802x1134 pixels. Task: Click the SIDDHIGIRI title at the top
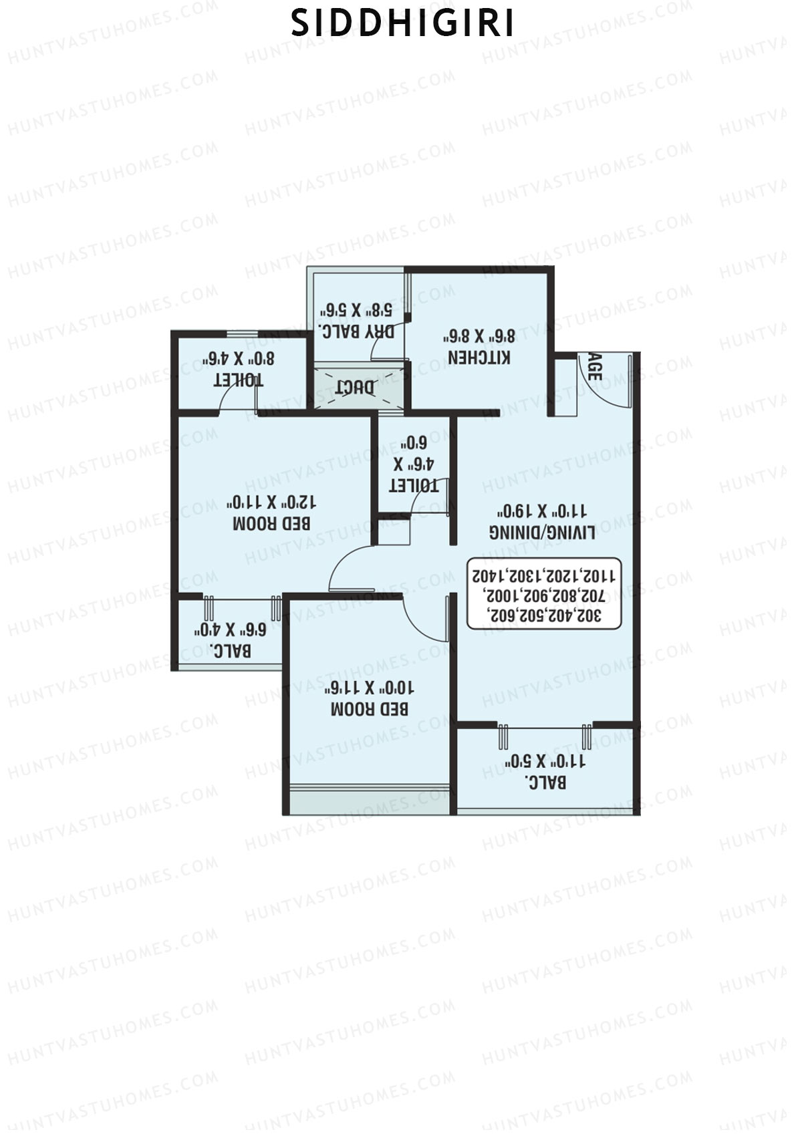pyautogui.click(x=402, y=23)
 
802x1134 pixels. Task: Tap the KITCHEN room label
pyautogui.click(x=479, y=357)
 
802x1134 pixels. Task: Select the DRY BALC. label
pyautogui.click(x=356, y=331)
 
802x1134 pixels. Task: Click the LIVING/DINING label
pyautogui.click(x=542, y=532)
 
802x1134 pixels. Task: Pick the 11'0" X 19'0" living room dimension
pyautogui.click(x=542, y=511)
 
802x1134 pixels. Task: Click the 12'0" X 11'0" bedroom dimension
pyautogui.click(x=271, y=502)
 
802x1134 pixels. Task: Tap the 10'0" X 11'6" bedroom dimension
pyautogui.click(x=370, y=687)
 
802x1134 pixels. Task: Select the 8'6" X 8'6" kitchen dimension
pyautogui.click(x=479, y=335)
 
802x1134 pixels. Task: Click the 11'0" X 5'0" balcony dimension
pyautogui.click(x=545, y=760)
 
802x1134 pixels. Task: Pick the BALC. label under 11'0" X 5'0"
pyautogui.click(x=545, y=781)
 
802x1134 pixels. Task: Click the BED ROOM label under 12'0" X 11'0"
pyautogui.click(x=271, y=523)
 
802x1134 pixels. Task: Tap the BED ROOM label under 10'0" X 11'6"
pyautogui.click(x=370, y=708)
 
